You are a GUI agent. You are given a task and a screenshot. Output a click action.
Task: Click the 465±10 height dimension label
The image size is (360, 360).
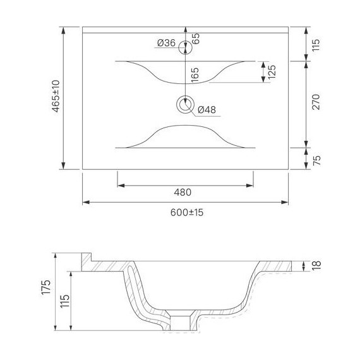[x=56, y=96]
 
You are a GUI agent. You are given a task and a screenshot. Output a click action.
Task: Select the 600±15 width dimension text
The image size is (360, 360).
[x=187, y=213]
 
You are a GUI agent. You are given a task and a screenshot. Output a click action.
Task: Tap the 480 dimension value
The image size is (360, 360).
[x=183, y=193]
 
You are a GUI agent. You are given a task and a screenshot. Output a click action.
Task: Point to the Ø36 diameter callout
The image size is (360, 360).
[x=167, y=43]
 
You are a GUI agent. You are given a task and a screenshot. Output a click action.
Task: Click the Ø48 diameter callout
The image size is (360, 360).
[x=207, y=110]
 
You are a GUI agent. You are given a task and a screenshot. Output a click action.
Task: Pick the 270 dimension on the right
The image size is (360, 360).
[x=316, y=102]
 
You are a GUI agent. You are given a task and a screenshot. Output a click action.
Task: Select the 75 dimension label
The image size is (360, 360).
[x=316, y=160]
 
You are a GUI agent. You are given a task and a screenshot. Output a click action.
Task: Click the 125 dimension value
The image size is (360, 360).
[x=272, y=72]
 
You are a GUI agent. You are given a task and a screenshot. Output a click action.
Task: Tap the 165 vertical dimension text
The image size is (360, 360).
[x=195, y=75]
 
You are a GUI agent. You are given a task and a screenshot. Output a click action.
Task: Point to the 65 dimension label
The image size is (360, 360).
[x=196, y=39]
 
